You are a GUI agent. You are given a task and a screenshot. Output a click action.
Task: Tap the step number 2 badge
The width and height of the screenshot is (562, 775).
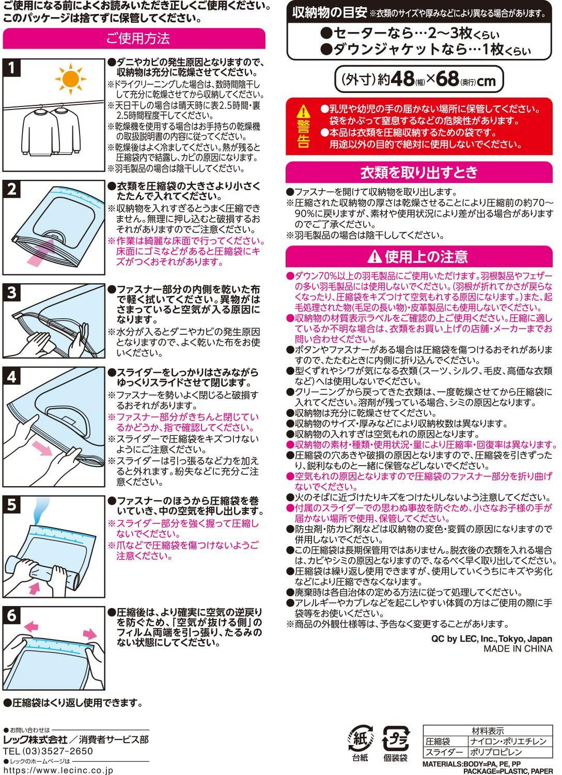12,189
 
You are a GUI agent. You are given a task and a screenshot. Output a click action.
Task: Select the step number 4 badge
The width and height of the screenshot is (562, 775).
12,376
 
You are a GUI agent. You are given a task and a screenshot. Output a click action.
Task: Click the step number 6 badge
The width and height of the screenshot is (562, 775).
12,615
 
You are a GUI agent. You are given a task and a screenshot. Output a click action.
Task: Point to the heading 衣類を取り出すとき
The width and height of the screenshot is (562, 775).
419,172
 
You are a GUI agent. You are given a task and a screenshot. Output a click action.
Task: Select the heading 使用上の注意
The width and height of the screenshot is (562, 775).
419,256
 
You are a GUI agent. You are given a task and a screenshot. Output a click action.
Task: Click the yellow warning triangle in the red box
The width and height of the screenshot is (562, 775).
303,111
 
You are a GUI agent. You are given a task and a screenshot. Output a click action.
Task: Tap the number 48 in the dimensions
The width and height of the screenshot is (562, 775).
402,80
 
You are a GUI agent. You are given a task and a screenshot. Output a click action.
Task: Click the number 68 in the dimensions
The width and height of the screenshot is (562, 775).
447,80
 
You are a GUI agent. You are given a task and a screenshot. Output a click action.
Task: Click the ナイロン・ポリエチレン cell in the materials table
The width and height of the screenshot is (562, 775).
508,741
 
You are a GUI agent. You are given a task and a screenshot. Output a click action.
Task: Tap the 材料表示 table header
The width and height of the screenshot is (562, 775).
488,731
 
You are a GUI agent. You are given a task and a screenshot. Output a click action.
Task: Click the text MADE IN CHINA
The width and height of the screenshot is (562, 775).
518,649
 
